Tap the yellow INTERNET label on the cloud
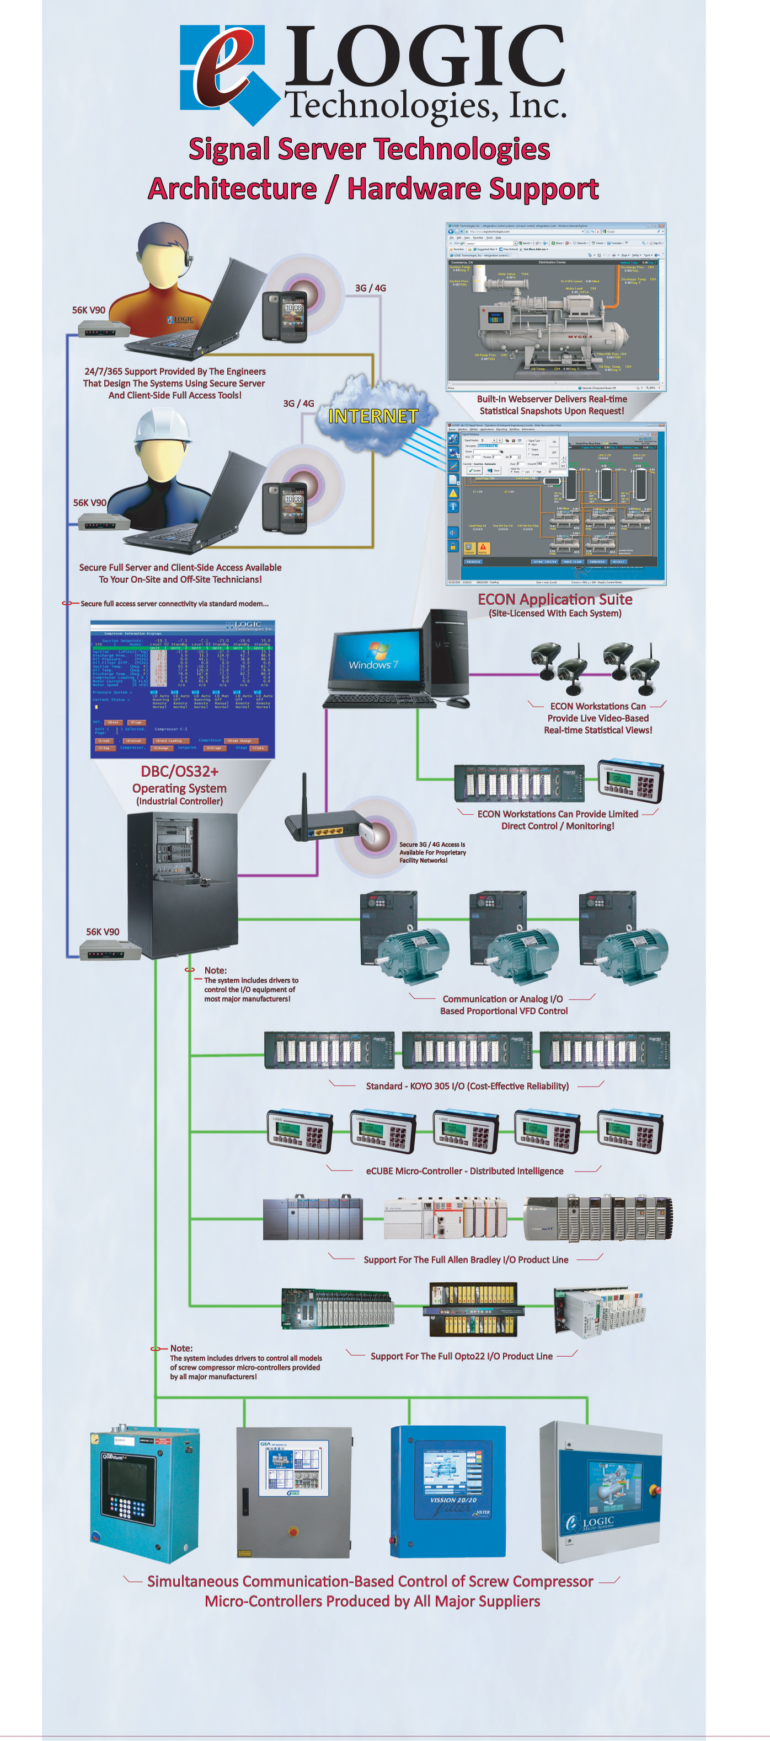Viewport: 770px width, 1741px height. (x=373, y=416)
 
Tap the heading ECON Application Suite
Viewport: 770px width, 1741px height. (x=555, y=599)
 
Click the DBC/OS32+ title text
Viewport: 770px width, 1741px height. (x=179, y=771)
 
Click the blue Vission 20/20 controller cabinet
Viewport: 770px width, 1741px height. (x=448, y=1490)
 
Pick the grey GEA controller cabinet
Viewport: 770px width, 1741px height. (x=294, y=1490)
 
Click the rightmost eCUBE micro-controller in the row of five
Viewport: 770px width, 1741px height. (x=630, y=1131)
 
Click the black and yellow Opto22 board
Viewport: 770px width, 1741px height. (x=473, y=1309)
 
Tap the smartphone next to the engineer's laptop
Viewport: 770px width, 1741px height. (x=284, y=316)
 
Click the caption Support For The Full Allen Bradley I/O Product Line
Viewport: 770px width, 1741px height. (x=465, y=1259)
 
